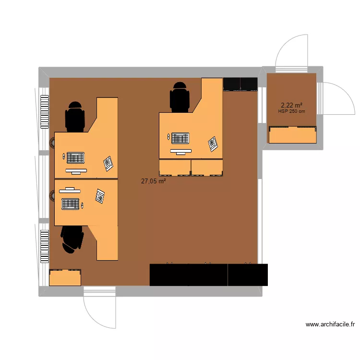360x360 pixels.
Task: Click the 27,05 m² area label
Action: (153, 181)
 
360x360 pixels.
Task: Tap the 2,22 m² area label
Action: (291, 105)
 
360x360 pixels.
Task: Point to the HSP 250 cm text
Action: (291, 112)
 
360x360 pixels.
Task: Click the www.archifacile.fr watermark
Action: (330, 324)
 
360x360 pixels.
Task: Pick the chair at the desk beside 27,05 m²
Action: (180, 97)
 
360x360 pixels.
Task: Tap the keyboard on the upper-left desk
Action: (75, 157)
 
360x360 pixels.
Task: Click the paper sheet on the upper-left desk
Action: (108, 163)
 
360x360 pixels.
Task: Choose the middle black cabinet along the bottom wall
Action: (208, 275)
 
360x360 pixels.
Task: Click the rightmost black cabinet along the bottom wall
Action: (248, 275)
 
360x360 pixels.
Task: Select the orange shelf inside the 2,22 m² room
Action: (293, 135)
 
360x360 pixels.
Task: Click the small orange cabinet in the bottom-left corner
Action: (65, 278)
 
